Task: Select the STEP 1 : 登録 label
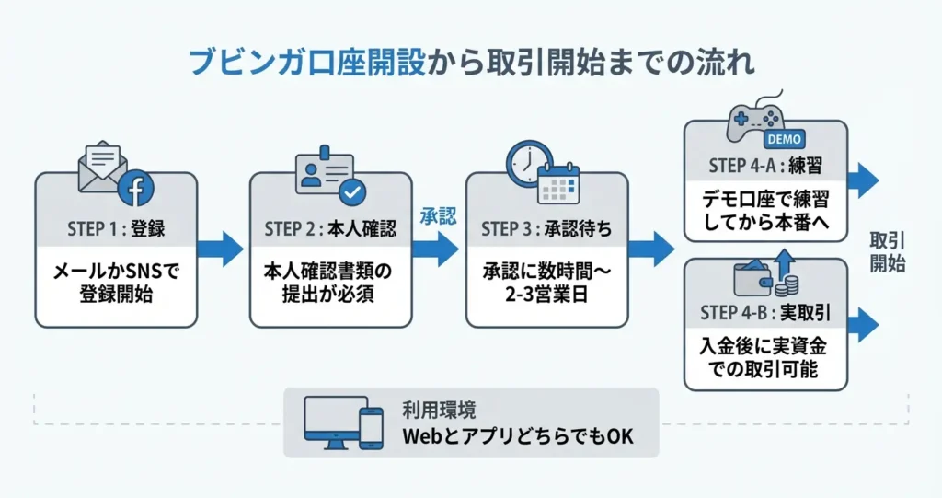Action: pyautogui.click(x=116, y=229)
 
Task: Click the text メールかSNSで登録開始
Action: pyautogui.click(x=116, y=284)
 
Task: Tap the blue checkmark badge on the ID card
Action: pyautogui.click(x=351, y=192)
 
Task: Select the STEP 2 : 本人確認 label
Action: pyautogui.click(x=330, y=229)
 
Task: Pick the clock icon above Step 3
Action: pyautogui.click(x=529, y=164)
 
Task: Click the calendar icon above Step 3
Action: pyautogui.click(x=559, y=182)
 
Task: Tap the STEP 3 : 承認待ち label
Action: pyautogui.click(x=546, y=229)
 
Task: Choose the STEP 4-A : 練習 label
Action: pyautogui.click(x=765, y=167)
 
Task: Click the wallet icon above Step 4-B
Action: pyautogui.click(x=757, y=278)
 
